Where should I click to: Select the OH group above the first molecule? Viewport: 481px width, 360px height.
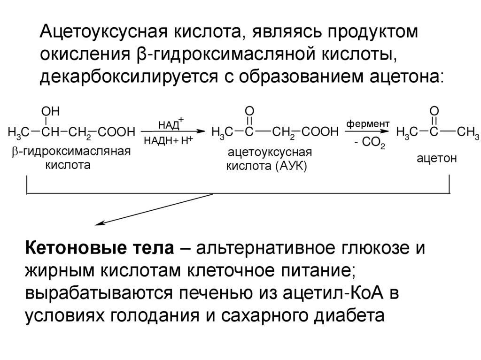coord(50,111)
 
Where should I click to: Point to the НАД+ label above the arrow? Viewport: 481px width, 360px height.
coord(171,123)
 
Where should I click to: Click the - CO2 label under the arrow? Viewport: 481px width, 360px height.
coord(370,143)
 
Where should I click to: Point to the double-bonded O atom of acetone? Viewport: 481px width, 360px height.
coord(434,111)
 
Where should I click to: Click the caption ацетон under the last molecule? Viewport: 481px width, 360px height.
coord(436,159)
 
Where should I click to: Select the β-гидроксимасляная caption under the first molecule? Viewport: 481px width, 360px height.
coord(70,151)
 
